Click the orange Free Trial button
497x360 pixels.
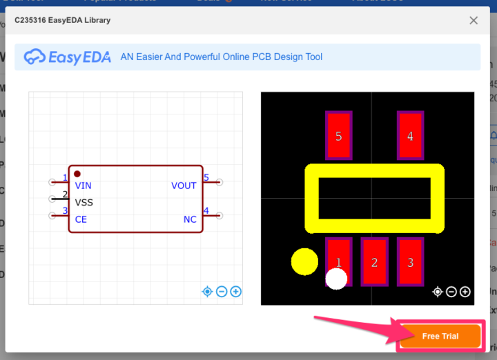pos(440,337)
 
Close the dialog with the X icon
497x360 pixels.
pos(474,21)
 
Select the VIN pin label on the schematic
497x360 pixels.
pos(83,186)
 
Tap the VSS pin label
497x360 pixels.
pos(84,203)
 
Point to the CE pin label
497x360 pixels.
pos(81,219)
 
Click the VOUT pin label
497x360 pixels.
pos(184,186)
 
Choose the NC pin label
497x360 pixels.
pos(190,219)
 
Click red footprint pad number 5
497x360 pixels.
pos(338,136)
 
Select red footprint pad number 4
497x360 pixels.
pos(410,136)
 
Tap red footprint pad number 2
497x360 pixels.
pos(374,262)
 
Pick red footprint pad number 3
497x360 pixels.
pos(410,262)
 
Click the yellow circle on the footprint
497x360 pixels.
pos(304,261)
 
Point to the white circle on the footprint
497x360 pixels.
pos(336,279)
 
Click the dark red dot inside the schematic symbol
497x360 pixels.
pos(77,174)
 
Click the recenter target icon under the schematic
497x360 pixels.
pos(207,292)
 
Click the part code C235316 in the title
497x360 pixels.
pos(32,21)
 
